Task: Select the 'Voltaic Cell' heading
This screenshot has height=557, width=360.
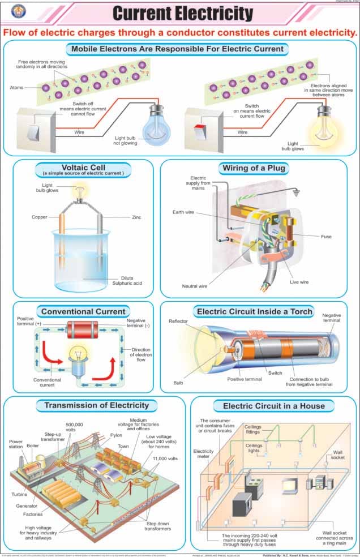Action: click(83, 168)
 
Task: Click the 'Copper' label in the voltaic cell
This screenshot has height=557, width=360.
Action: click(40, 217)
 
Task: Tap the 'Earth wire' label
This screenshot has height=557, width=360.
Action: click(183, 212)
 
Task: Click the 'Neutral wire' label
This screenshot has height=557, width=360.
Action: click(194, 286)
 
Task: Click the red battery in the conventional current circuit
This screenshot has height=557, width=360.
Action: click(83, 329)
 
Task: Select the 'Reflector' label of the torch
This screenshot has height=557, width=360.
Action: click(178, 322)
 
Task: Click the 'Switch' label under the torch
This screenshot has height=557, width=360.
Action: click(276, 373)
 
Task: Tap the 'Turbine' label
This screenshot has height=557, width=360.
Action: click(19, 494)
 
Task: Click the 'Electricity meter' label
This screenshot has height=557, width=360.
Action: click(203, 455)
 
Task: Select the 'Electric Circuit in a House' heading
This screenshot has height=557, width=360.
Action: click(274, 405)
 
